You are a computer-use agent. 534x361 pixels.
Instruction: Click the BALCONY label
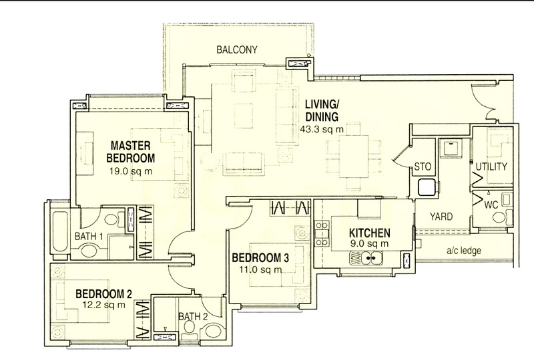click(237, 50)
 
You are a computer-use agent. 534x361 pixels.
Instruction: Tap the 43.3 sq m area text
click(322, 129)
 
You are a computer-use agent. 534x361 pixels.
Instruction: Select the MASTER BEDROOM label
click(130, 152)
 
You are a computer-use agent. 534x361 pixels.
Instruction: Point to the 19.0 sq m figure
click(130, 171)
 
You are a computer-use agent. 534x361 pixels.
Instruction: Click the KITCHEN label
click(370, 233)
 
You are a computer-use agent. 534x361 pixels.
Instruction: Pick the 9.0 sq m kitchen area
click(370, 243)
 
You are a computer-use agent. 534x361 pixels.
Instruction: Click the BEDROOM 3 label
click(260, 257)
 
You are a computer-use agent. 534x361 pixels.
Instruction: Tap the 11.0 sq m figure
click(260, 269)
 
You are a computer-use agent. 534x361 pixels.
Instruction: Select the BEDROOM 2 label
click(104, 293)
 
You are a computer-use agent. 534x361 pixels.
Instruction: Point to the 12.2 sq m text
click(104, 305)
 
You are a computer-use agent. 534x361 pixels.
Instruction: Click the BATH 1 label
click(89, 236)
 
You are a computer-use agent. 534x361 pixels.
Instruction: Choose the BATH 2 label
click(193, 316)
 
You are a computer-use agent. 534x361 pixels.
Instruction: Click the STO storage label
click(423, 167)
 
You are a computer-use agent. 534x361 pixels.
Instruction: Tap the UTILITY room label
click(491, 166)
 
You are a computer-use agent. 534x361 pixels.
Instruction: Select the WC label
click(491, 205)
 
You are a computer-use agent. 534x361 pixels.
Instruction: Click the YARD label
click(441, 217)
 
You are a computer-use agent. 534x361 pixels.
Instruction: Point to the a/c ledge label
click(464, 251)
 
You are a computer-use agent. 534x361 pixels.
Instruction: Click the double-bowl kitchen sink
click(366, 257)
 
